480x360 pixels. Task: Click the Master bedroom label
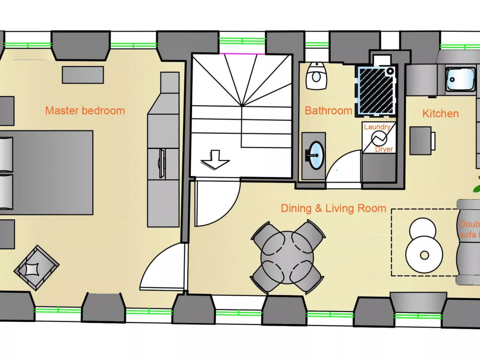click(85, 111)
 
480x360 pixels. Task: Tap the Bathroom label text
click(328, 111)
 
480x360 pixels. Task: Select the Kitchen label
click(440, 114)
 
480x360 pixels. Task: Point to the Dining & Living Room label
click(333, 208)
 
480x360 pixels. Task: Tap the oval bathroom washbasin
click(316, 155)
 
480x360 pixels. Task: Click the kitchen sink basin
click(460, 79)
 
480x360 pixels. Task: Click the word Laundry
click(377, 127)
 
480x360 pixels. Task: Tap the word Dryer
click(384, 149)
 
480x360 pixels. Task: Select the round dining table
click(287, 257)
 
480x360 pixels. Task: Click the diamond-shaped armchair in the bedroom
click(36, 268)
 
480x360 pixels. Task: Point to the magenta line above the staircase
click(242, 54)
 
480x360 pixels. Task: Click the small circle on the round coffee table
click(424, 255)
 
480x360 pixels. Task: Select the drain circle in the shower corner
click(390, 71)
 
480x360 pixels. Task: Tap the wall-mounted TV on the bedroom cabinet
click(162, 163)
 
